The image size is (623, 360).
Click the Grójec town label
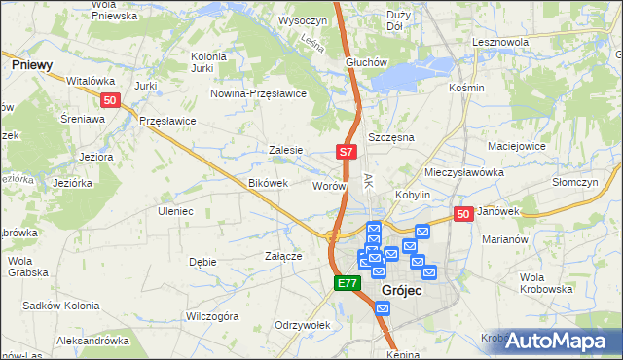tap(401, 291)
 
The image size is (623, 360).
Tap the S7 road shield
tap(347, 152)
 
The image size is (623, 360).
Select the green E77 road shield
tap(348, 283)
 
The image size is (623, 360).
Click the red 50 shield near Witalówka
tap(110, 100)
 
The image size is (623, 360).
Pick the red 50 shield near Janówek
tap(463, 215)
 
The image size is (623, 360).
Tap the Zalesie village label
tap(286, 151)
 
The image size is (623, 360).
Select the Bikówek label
tap(269, 183)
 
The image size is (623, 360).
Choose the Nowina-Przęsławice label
tap(259, 93)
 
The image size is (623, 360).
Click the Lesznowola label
tap(499, 43)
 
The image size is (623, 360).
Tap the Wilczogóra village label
tap(212, 316)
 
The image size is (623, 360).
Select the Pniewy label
tap(32, 64)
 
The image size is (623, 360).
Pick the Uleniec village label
tap(175, 211)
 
